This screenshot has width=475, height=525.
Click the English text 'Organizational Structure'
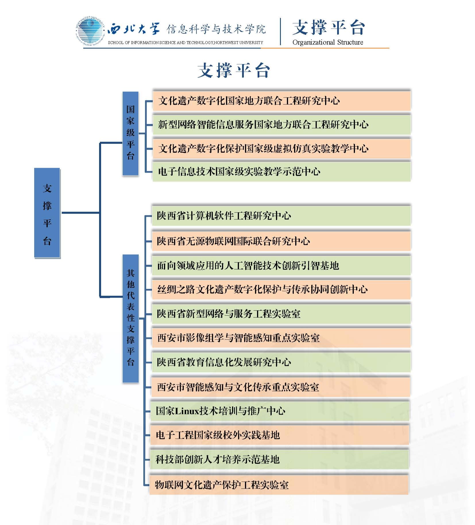point(328,42)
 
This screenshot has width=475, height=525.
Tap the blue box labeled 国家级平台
point(130,133)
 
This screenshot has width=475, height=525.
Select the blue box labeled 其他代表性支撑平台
point(131,318)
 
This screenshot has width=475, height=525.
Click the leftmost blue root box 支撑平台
point(47,213)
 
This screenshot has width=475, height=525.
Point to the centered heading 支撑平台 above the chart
point(234,70)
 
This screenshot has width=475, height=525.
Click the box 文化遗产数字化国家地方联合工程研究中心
point(281,101)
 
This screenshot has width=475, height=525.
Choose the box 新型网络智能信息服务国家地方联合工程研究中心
point(281,124)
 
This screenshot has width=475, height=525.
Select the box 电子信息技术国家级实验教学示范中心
point(281,171)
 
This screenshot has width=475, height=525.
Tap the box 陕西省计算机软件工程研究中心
point(281,215)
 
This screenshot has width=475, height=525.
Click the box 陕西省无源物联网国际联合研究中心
point(281,241)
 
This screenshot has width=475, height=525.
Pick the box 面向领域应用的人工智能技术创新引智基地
point(281,266)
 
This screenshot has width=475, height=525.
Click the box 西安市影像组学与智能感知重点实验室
point(281,338)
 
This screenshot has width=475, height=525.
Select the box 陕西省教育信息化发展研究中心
point(281,362)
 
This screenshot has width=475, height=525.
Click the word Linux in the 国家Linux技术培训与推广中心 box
point(187,411)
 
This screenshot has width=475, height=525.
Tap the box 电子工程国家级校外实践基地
point(279,435)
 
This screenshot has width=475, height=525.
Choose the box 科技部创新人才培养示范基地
point(279,459)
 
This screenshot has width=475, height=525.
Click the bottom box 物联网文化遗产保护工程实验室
point(279,485)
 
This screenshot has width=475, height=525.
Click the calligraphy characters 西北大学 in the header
point(134,29)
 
